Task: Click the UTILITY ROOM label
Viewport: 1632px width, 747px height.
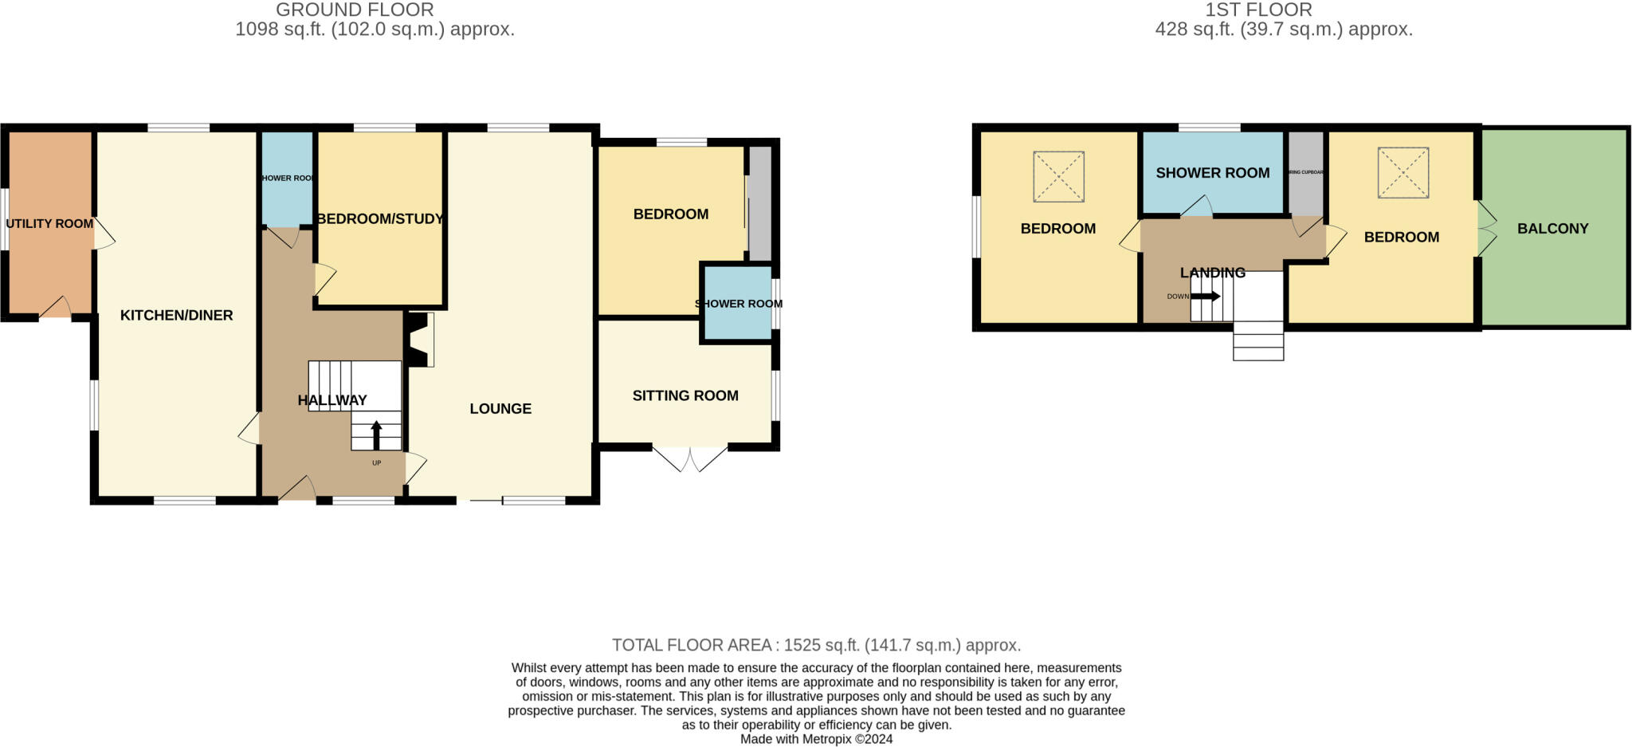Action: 49,224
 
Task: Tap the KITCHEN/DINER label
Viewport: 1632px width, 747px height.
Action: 176,316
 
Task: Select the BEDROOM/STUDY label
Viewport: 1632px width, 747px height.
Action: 379,218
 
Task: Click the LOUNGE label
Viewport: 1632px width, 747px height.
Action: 500,409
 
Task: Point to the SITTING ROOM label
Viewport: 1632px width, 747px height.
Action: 685,396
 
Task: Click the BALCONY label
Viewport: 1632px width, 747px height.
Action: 1552,229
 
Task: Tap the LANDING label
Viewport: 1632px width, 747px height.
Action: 1212,273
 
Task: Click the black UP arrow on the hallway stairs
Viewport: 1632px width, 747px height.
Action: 376,435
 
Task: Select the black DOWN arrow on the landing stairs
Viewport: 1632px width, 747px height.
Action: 1205,297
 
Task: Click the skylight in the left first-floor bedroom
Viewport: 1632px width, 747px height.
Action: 1058,176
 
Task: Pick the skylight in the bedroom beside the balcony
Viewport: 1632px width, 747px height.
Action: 1402,172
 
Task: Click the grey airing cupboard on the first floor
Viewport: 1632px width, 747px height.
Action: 1305,173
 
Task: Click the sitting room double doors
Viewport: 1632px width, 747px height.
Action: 690,458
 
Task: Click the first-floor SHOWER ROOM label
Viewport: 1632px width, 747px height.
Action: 1212,173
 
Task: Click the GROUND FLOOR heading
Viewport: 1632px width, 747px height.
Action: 355,10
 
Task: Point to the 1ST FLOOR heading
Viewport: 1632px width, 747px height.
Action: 1258,10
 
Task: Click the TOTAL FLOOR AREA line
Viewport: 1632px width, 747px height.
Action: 816,645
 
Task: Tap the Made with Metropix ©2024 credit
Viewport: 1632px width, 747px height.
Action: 816,739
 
